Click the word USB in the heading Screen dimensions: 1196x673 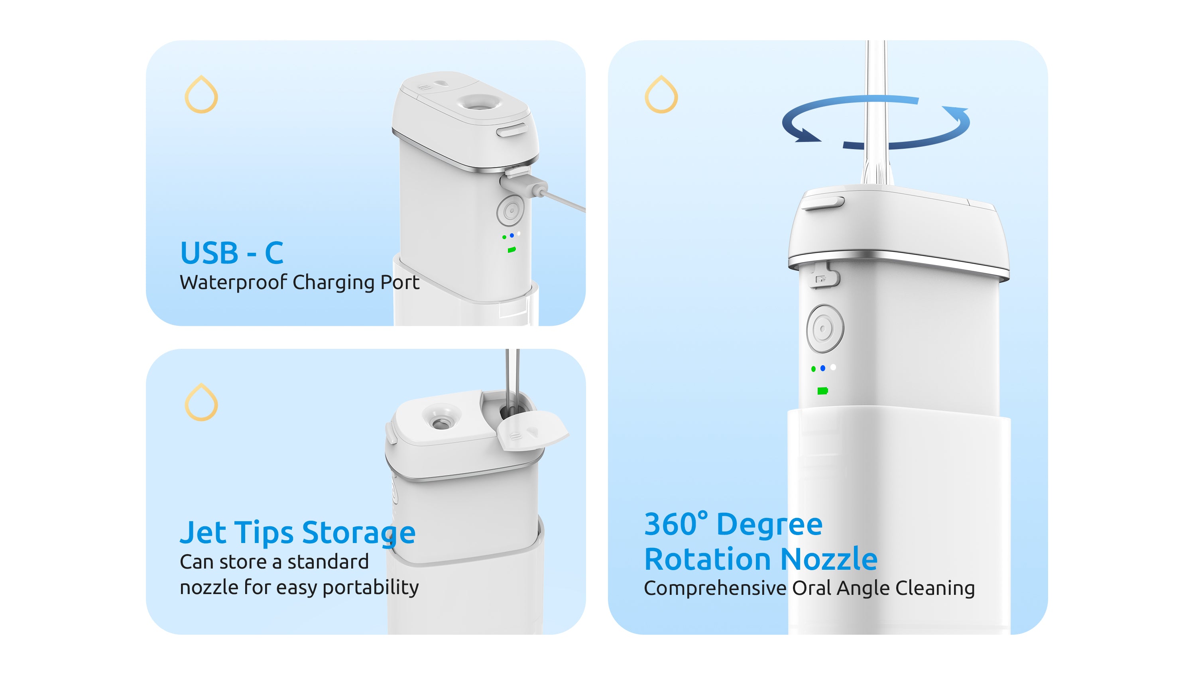[209, 253]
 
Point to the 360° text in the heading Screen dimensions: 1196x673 [675, 524]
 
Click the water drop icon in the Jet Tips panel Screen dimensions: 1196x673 [201, 402]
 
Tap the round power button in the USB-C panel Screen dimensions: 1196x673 [510, 211]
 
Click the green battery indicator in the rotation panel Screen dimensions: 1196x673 [822, 391]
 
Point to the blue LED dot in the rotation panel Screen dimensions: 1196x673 [823, 368]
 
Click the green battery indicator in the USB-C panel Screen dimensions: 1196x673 [511, 250]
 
